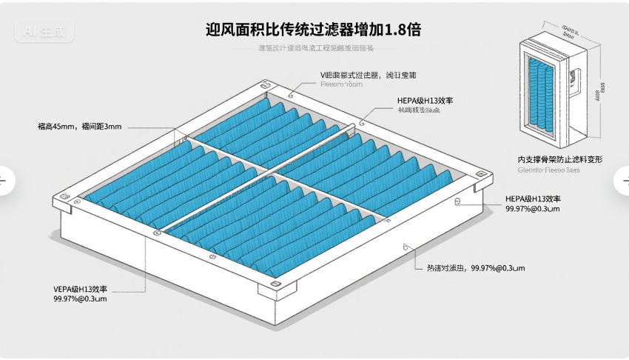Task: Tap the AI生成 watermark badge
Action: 45,33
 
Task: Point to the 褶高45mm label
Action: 78,127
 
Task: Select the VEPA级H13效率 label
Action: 80,288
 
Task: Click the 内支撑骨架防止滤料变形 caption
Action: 559,159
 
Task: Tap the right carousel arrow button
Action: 624,180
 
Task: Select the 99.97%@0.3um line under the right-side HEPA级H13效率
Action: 532,210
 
